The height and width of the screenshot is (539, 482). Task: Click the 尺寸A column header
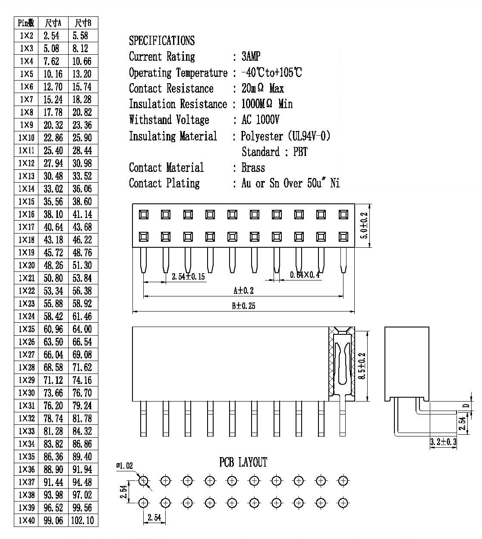(x=53, y=23)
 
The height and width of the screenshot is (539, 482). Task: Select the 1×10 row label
(x=26, y=137)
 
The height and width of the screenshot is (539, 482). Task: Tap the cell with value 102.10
(x=82, y=520)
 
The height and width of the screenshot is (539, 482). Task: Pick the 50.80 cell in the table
(x=53, y=278)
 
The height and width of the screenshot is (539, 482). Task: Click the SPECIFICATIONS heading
(x=162, y=41)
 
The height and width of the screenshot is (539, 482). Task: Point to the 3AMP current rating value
(x=251, y=56)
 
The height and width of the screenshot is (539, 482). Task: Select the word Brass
(x=253, y=168)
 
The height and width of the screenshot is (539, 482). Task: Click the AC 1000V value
(x=260, y=120)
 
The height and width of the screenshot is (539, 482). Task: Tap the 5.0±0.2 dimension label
(x=364, y=226)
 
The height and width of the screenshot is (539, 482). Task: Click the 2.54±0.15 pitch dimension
(x=188, y=277)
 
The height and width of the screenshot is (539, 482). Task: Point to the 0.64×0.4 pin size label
(x=305, y=274)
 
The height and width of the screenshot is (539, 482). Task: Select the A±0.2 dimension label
(x=243, y=290)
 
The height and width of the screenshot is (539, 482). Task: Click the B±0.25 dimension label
(x=243, y=306)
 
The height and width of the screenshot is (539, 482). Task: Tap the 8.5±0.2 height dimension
(x=362, y=366)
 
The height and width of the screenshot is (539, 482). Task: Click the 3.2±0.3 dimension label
(x=443, y=442)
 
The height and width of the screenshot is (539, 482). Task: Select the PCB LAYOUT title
(x=243, y=462)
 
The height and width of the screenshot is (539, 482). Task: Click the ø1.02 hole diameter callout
(x=124, y=466)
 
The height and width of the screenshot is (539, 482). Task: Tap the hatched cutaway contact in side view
(x=342, y=364)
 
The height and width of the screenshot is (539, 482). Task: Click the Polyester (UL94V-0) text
(x=286, y=136)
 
